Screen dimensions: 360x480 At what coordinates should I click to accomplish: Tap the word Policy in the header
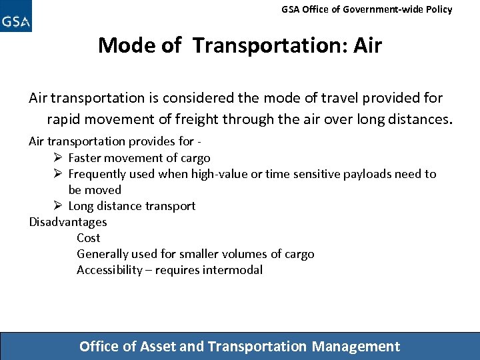point(437,9)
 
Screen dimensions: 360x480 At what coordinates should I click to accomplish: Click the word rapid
point(65,120)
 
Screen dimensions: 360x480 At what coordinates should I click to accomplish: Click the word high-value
point(221,174)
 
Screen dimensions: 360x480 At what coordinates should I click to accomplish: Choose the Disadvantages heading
point(68,222)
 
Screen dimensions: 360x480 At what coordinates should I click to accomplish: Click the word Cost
point(88,238)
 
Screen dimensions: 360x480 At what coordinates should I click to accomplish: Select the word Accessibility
point(109,270)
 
